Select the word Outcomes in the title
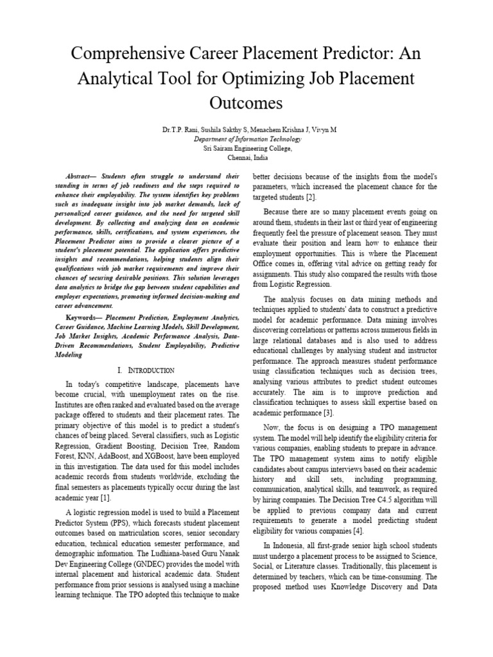point(246,103)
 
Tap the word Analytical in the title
point(119,78)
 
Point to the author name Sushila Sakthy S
point(218,130)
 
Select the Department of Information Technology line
point(246,139)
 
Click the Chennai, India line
point(246,157)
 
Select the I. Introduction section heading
point(146,370)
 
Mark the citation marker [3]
point(327,412)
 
